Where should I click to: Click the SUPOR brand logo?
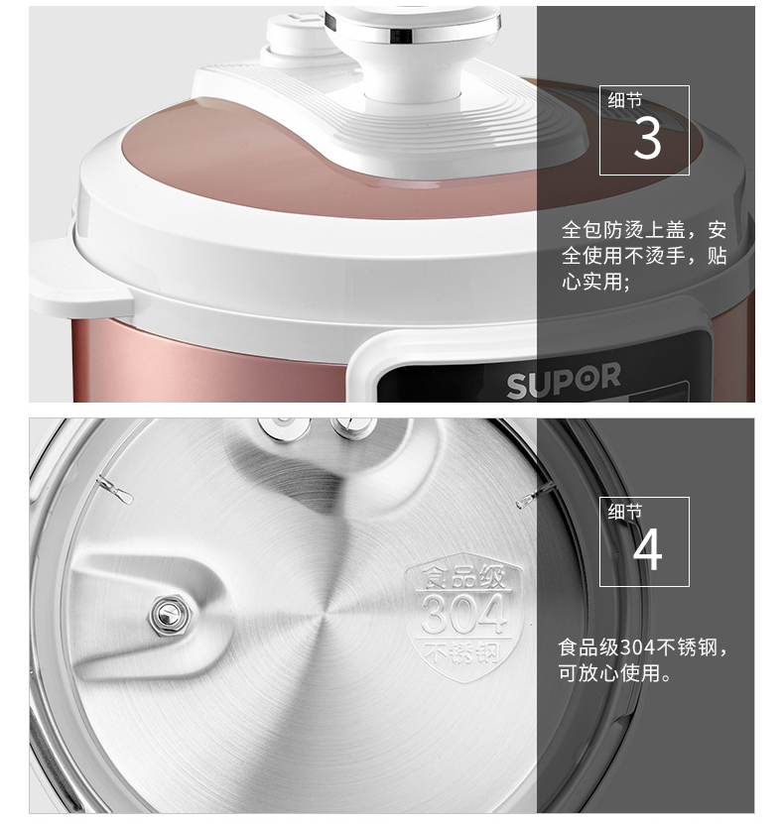[x=563, y=379]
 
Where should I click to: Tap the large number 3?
[x=647, y=138]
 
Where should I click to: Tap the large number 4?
[x=647, y=549]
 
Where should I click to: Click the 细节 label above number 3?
[x=625, y=100]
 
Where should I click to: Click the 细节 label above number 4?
[x=625, y=512]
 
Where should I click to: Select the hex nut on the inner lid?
[x=171, y=614]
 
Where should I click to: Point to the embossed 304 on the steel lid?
[x=463, y=614]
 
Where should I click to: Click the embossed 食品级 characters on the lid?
[x=463, y=577]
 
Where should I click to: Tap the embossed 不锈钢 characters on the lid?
[x=462, y=652]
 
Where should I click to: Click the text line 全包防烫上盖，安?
[x=644, y=230]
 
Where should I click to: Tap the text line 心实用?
[x=595, y=282]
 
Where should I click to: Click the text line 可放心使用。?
[x=615, y=673]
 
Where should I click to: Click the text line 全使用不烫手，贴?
[x=644, y=256]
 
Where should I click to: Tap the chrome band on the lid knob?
[x=413, y=32]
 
